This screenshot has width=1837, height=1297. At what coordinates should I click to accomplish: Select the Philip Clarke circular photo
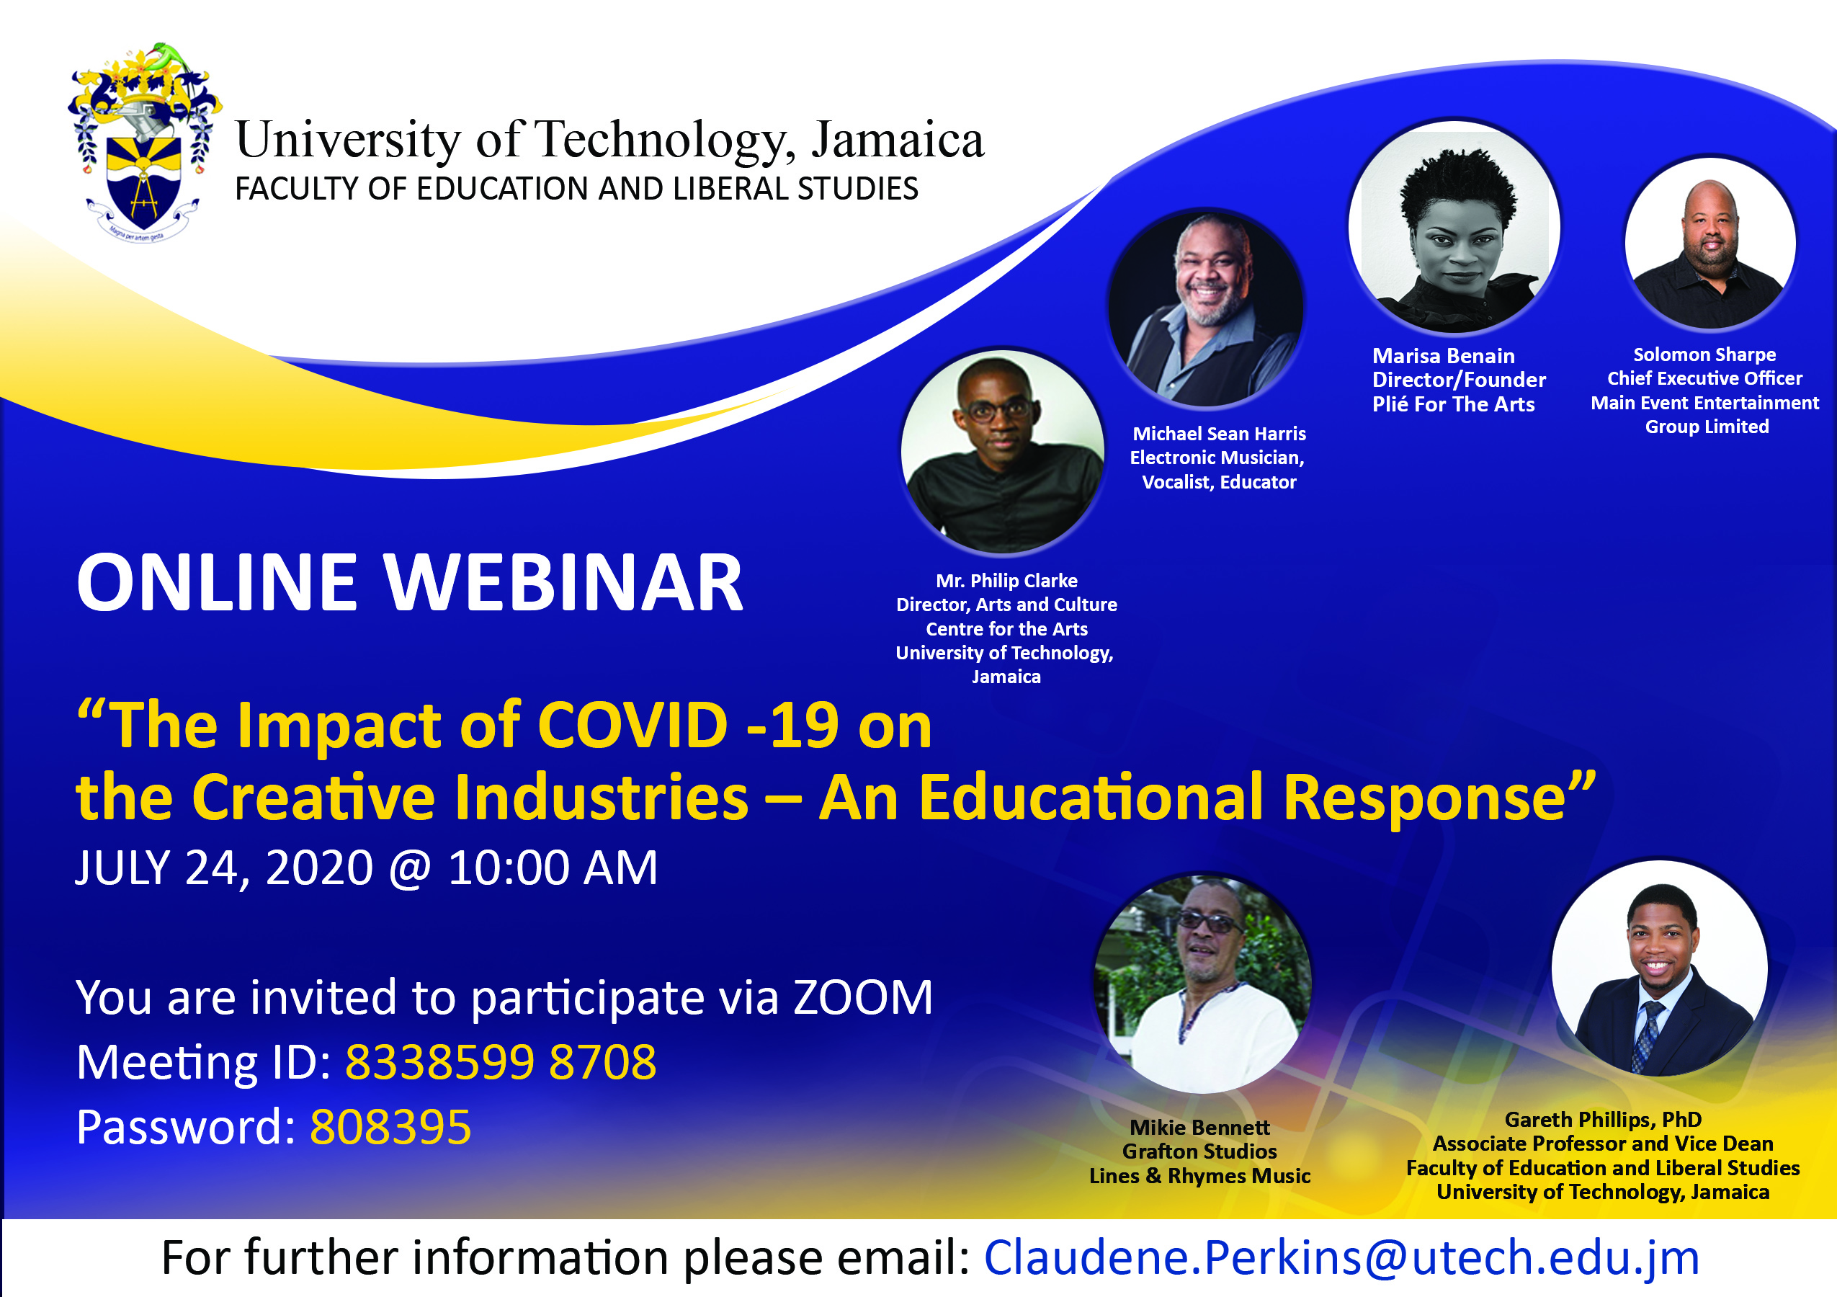coord(1003,451)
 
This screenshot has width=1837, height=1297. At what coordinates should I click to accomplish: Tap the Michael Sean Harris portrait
coord(1206,308)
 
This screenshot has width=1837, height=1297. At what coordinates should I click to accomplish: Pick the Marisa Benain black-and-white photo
coord(1454,226)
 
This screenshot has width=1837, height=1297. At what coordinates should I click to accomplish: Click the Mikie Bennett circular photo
coord(1202,984)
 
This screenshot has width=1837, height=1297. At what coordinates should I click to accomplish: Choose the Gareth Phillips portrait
coord(1659,968)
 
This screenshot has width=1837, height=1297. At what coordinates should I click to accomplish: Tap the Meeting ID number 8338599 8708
coord(501,1063)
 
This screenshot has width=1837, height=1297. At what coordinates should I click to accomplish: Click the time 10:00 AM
coord(553,868)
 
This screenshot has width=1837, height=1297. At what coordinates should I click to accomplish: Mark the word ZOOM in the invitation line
coord(863,997)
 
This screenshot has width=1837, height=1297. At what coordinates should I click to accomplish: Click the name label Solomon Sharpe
coord(1704,355)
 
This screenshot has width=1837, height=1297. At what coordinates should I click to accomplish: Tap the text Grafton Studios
coord(1199,1151)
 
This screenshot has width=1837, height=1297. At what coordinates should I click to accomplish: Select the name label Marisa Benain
coord(1444,356)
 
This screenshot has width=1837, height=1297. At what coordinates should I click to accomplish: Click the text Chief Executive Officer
coord(1705,378)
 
